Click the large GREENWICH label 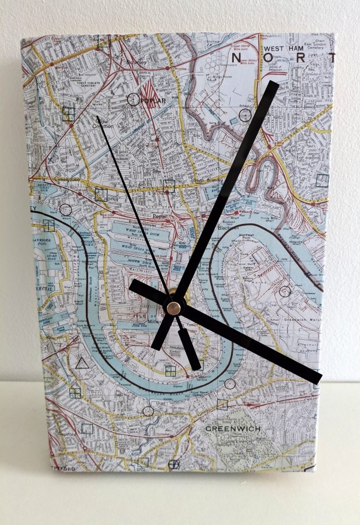[233, 429]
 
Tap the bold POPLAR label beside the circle [153, 101]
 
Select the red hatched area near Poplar [149, 91]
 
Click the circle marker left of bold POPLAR [132, 100]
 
